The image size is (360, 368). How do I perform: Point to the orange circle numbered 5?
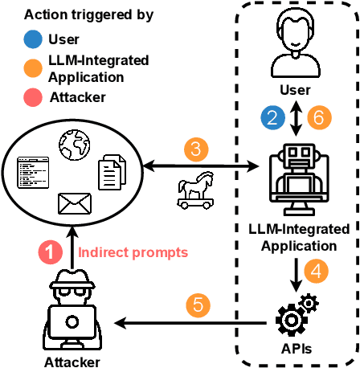click(x=196, y=305)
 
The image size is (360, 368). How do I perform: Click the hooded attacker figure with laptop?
click(x=73, y=305)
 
